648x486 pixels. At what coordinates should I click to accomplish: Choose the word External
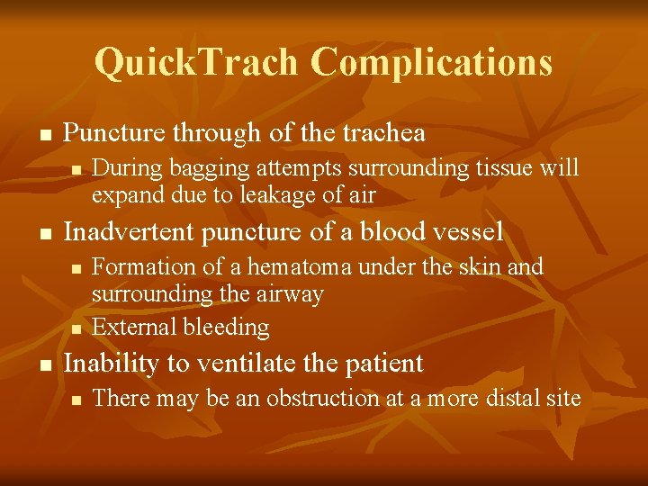pyautogui.click(x=132, y=328)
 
